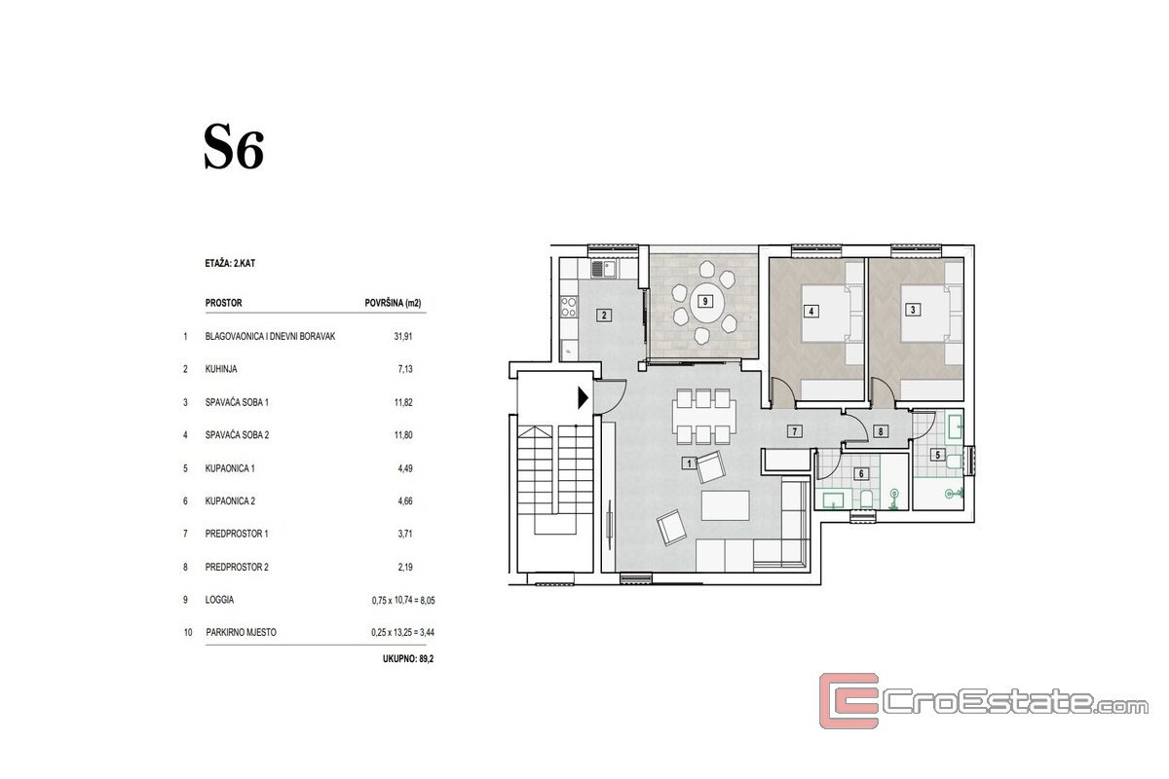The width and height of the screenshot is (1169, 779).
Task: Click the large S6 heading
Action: (234, 147)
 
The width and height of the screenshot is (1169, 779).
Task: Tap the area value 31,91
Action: (403, 337)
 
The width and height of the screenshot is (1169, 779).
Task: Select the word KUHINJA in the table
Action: (221, 369)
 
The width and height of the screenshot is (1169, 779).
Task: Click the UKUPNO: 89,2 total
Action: (408, 659)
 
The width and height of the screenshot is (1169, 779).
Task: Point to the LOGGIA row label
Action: (219, 600)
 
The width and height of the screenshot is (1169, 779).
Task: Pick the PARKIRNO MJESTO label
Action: (242, 632)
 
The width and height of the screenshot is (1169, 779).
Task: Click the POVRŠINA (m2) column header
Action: (393, 303)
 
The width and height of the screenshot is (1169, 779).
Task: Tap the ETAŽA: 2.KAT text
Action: (230, 264)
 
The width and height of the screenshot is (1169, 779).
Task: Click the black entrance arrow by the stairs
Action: (583, 398)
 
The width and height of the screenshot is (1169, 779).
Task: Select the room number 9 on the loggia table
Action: (705, 301)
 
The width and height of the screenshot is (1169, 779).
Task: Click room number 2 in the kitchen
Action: (604, 315)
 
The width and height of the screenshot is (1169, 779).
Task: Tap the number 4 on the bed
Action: (811, 312)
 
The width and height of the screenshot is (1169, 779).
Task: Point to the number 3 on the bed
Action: (913, 310)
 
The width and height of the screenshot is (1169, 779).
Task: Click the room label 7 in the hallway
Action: (795, 431)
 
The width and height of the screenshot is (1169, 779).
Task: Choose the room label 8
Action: (881, 431)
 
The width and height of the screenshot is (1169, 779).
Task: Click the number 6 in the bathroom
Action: (861, 474)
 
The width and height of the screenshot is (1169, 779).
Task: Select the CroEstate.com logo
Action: (983, 700)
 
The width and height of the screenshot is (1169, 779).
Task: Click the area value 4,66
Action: (405, 501)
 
